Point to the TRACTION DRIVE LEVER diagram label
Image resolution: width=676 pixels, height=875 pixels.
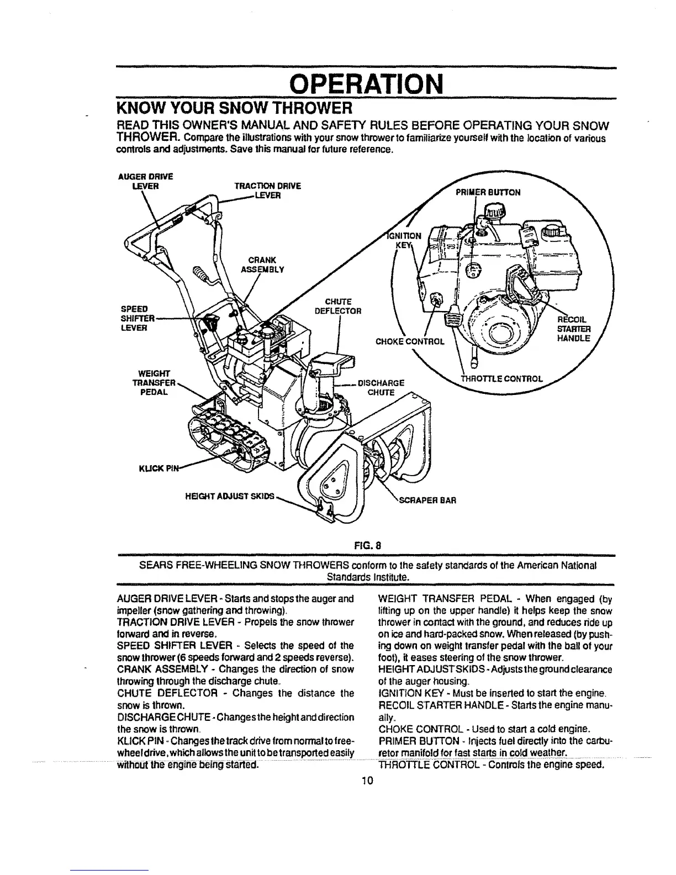point(267,191)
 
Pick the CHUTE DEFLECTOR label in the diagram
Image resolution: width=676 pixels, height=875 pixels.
point(338,305)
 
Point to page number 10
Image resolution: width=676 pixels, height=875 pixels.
point(366,781)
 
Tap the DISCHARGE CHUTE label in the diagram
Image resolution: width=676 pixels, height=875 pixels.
point(382,387)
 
